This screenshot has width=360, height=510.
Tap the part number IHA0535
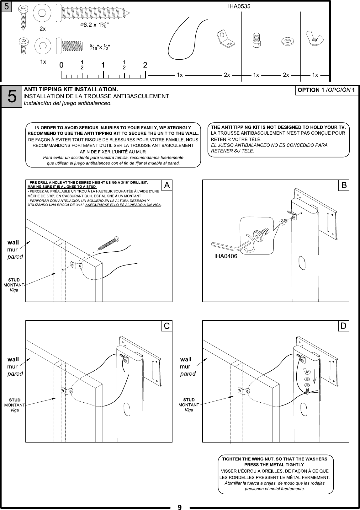239,6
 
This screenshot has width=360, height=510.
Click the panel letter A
167,185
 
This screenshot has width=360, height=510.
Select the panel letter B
344,185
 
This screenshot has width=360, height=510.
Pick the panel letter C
167,326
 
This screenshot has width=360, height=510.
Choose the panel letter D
344,326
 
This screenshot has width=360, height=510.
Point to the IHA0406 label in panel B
226,256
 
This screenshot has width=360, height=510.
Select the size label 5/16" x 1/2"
100,47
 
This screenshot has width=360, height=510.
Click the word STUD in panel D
189,400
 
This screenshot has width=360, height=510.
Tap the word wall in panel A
13,242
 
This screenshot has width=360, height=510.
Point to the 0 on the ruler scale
61,65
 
